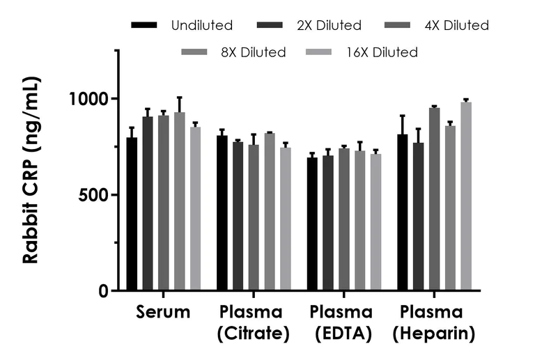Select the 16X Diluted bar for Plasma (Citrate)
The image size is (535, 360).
285,219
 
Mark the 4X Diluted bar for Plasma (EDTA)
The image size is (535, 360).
344,219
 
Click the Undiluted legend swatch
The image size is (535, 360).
145,26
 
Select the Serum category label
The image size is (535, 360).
163,312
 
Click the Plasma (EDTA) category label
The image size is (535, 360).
341,322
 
